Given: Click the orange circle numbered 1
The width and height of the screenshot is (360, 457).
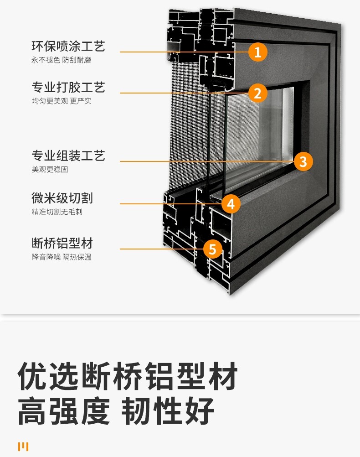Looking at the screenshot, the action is pos(257,52).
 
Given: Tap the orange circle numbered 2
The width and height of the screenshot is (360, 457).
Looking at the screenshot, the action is pos(257,93).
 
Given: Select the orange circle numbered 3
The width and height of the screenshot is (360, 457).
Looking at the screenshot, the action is pos(303,161).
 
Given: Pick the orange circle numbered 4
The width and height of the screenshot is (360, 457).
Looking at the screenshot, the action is pos(231,204).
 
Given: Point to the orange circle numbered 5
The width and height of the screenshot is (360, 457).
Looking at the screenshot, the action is pos(212,249).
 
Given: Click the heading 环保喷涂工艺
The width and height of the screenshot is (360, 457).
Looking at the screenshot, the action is pos(68,46).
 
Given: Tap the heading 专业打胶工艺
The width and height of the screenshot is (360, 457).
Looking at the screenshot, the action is pos(68,87).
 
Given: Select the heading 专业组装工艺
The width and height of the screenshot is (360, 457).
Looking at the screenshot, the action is pos(68,156).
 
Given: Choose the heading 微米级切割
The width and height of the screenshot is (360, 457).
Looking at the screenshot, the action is pos(62,198).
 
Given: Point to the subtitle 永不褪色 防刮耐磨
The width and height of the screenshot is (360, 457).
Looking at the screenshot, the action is pos(61,60).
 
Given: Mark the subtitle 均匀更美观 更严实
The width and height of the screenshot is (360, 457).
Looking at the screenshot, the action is pos(61,101).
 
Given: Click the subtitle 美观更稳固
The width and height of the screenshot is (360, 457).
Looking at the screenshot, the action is pos(50,169).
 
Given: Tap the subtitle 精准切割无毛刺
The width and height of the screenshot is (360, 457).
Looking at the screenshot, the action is pos(57,212).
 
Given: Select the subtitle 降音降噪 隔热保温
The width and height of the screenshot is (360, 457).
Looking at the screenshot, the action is pos(61,257).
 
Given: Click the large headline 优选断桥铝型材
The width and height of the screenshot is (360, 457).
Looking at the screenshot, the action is pos(128,377).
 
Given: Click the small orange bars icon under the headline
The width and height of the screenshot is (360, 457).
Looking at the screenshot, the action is pos(23,447).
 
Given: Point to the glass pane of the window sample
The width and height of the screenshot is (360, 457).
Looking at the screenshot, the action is pos(260,132).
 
